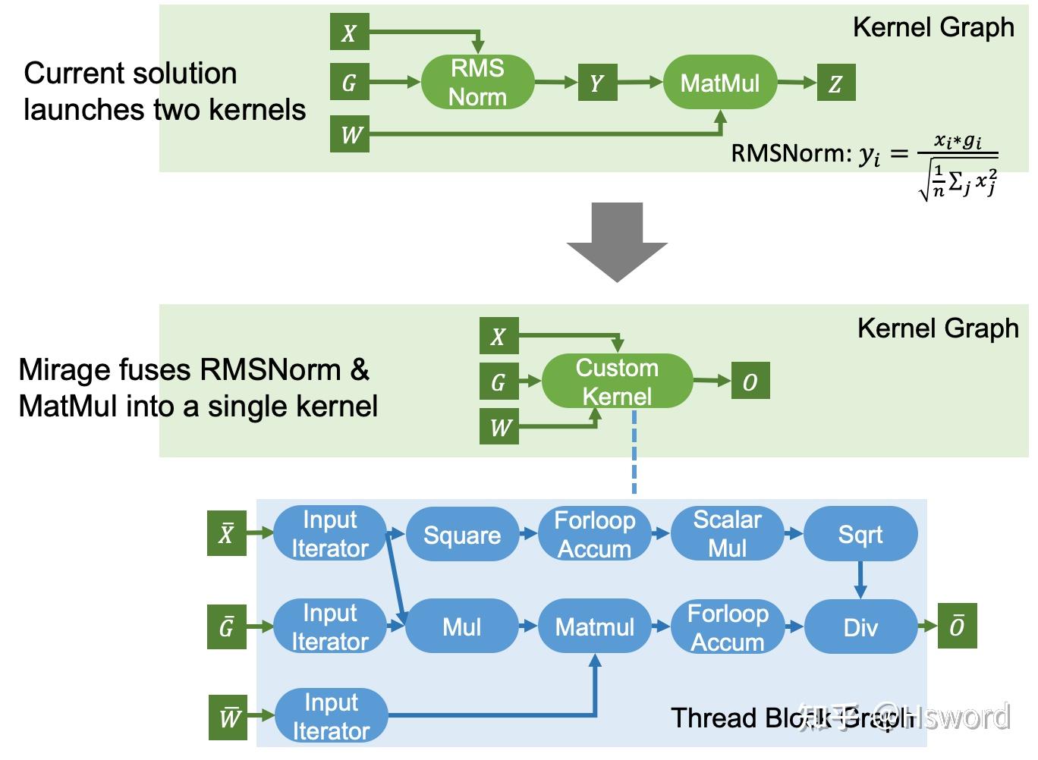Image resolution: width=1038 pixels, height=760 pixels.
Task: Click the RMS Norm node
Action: coord(477,82)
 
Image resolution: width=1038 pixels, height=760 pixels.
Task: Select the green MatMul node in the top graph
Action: coord(719,82)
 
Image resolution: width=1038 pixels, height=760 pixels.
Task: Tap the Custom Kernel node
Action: coord(617,382)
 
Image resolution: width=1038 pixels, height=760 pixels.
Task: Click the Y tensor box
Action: coord(596,83)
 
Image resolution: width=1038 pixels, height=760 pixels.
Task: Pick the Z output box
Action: coord(835,83)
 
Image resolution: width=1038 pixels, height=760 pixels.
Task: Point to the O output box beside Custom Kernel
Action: coord(750,382)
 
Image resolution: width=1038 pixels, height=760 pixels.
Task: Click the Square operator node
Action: coord(462,535)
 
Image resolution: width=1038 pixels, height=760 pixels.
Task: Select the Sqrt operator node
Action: coord(860,535)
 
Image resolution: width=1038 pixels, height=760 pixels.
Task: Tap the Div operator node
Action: coord(860,627)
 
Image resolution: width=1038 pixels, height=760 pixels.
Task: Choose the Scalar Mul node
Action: coord(727,534)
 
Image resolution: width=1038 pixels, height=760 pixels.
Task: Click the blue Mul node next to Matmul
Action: coord(461,627)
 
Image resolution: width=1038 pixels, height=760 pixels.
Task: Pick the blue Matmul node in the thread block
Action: coord(594,627)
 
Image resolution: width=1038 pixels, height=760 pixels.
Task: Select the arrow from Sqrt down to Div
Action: coord(860,579)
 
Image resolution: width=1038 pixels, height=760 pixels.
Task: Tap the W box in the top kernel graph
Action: coord(350,134)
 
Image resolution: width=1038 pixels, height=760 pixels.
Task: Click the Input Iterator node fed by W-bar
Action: coord(331,716)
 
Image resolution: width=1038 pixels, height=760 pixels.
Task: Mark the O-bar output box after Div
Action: coord(957,626)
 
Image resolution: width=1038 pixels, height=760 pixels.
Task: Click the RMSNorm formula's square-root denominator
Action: coord(958,183)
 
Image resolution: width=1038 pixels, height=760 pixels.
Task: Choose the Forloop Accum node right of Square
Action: coord(594,534)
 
